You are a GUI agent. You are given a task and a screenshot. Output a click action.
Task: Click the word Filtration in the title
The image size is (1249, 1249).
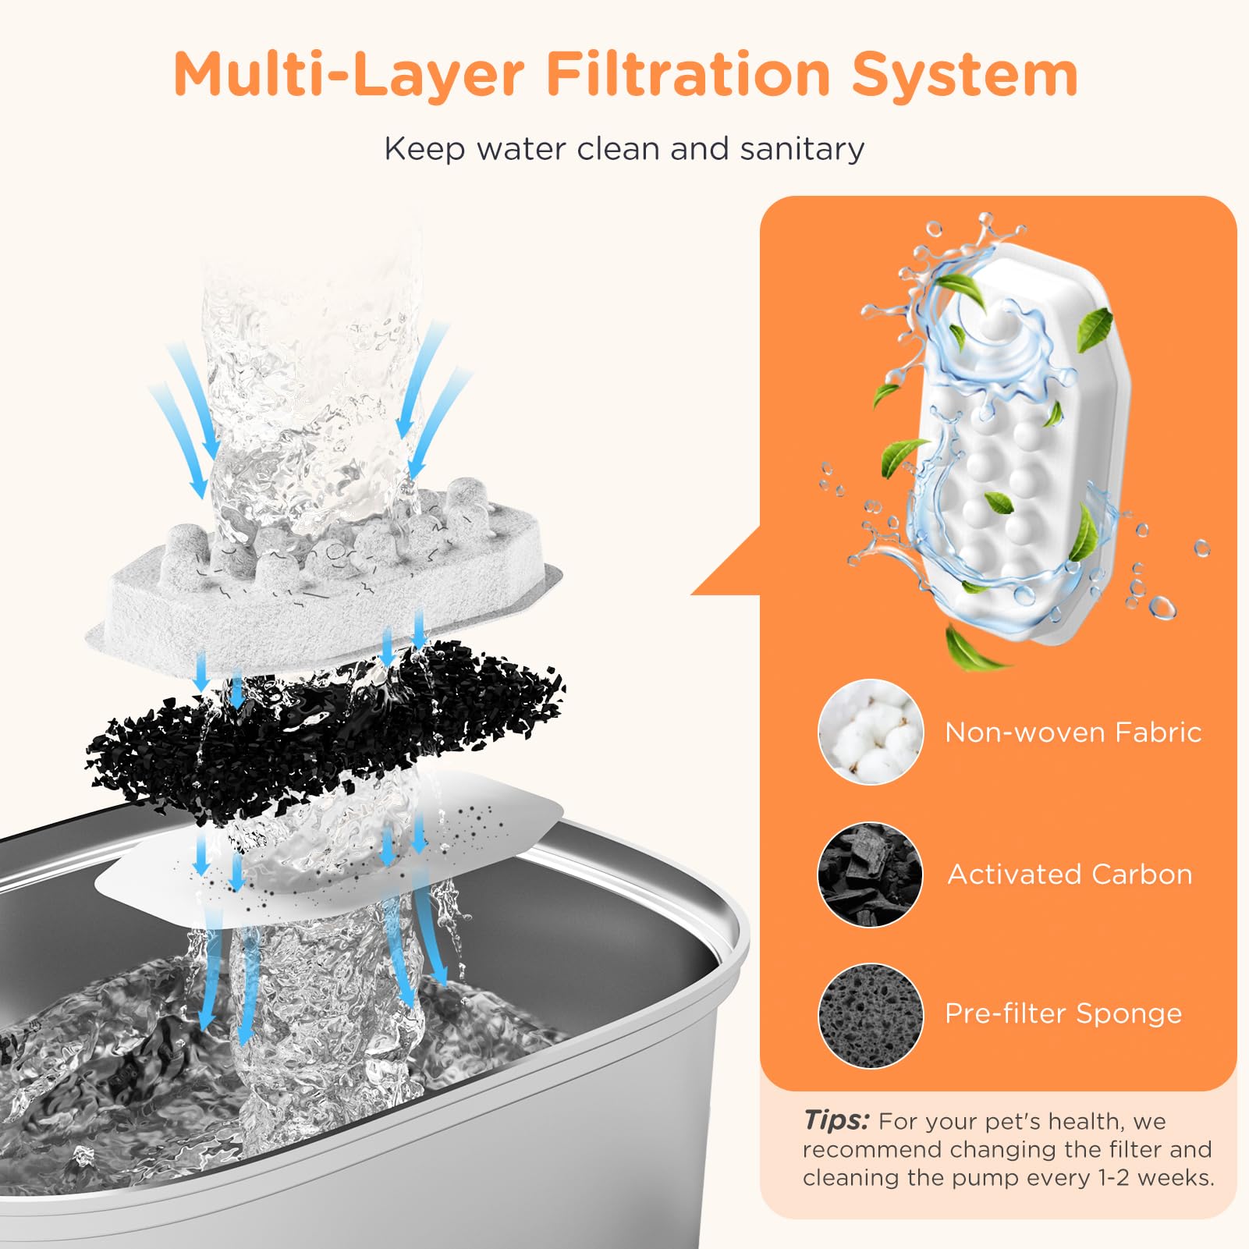(x=688, y=74)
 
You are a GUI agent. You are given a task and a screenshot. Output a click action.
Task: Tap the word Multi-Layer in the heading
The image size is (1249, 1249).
(x=349, y=74)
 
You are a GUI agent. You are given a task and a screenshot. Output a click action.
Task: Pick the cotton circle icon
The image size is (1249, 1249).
(x=870, y=732)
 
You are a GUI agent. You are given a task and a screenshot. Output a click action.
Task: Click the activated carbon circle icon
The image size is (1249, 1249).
(x=870, y=874)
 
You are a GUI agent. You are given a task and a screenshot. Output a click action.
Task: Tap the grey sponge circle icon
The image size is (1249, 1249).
(x=870, y=1015)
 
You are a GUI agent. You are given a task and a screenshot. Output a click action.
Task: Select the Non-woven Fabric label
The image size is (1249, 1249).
(x=1073, y=733)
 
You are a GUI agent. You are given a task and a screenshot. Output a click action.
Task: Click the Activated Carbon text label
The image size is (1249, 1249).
(x=1070, y=875)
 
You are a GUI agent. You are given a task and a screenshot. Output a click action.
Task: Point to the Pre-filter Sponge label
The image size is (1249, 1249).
(x=1063, y=1014)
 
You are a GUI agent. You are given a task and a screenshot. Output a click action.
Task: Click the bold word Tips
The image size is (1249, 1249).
(x=836, y=1120)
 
